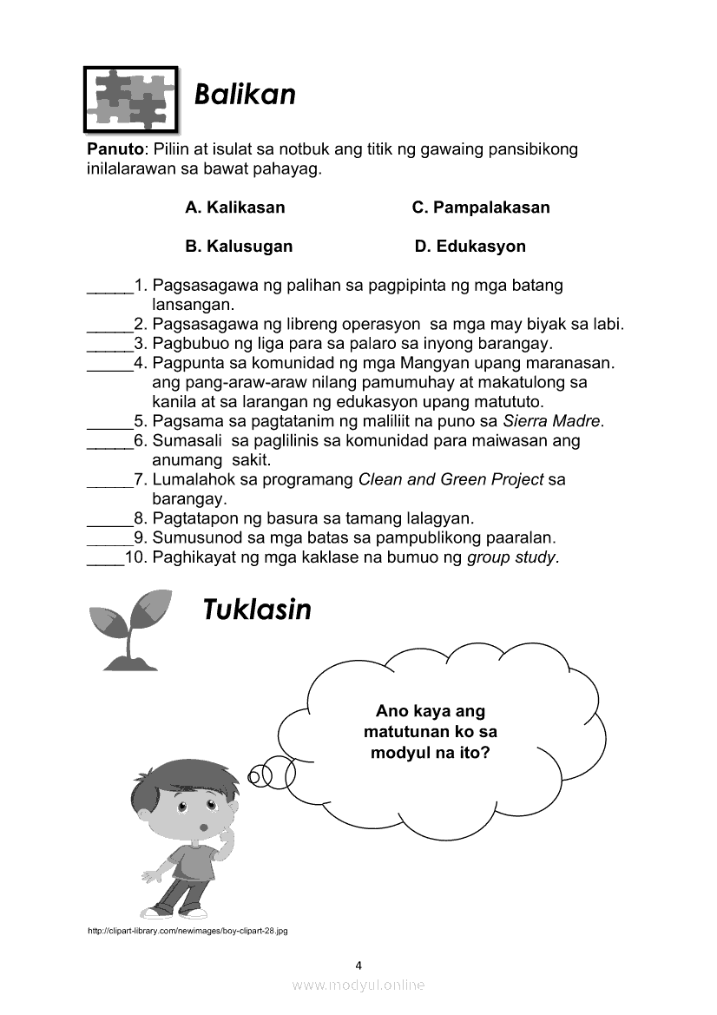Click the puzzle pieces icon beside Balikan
pyautogui.click(x=129, y=98)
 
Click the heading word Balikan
pyautogui.click(x=245, y=94)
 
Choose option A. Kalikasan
pyautogui.click(x=234, y=208)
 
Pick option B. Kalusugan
pyautogui.click(x=239, y=246)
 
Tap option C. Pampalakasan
pyautogui.click(x=480, y=208)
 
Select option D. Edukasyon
pyautogui.click(x=470, y=246)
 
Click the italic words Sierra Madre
pyautogui.click(x=552, y=422)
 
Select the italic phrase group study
pyautogui.click(x=512, y=557)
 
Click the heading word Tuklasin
pyautogui.click(x=256, y=610)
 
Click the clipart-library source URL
pyautogui.click(x=187, y=931)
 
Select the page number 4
pyautogui.click(x=358, y=965)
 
